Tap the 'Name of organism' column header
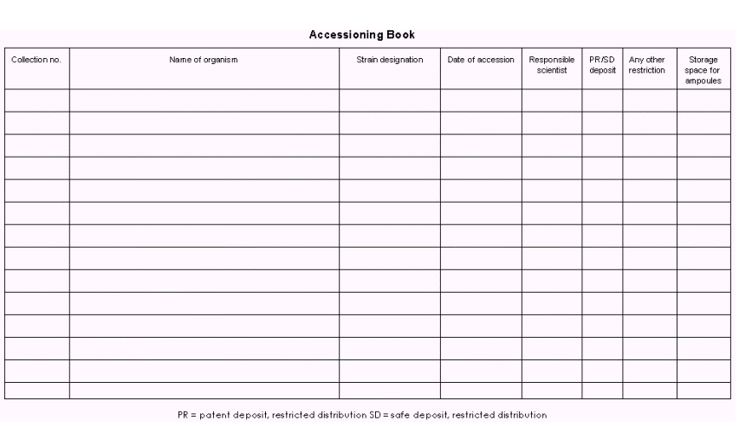(x=204, y=60)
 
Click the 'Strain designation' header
(x=390, y=60)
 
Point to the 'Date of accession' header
(x=481, y=60)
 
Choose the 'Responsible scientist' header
(x=552, y=65)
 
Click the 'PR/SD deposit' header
(x=602, y=65)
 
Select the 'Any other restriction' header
(x=650, y=65)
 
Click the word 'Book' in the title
(x=404, y=36)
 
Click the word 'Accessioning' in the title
(x=348, y=36)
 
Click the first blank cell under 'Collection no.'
(x=37, y=100)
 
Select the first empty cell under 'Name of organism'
(x=204, y=100)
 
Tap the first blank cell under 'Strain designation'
(x=390, y=100)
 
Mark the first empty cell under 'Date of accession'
(x=481, y=100)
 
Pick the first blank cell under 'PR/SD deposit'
(x=602, y=100)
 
